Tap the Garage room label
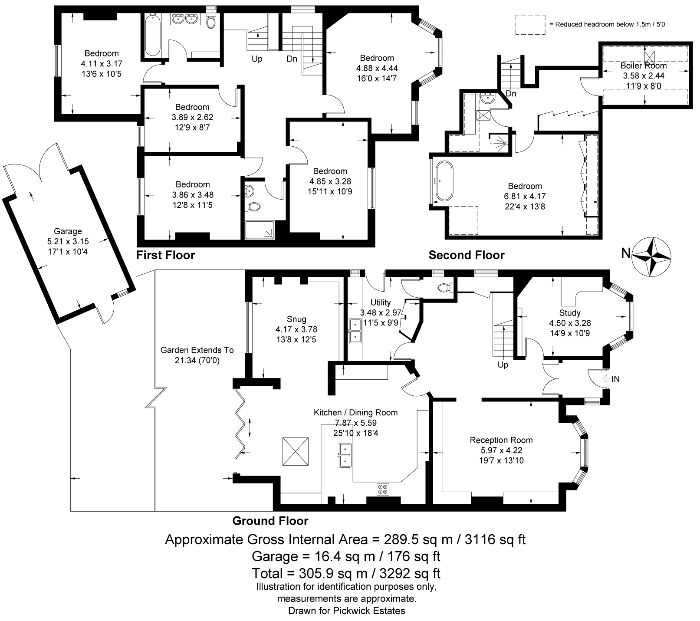click(68, 231)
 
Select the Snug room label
click(296, 319)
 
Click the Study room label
click(570, 313)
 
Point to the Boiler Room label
click(644, 66)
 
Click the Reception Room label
click(501, 440)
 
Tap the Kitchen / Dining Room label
click(355, 413)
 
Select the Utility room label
click(381, 302)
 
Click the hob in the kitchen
click(383, 489)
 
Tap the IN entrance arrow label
click(615, 379)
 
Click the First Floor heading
click(165, 255)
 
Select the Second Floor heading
click(467, 255)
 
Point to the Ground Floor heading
click(270, 521)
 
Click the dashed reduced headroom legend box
click(530, 24)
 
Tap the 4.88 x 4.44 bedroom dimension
click(377, 68)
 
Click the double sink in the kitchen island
click(345, 455)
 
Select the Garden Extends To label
click(197, 350)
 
